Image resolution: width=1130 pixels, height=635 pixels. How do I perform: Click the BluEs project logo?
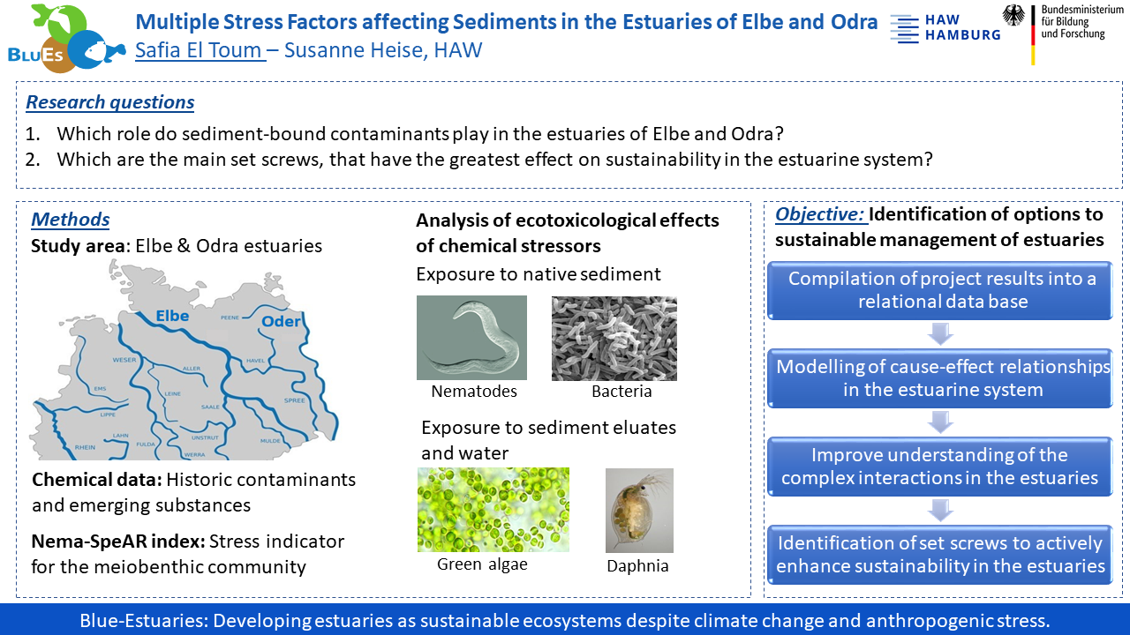(66, 38)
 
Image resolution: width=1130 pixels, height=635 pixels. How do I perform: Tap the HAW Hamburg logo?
(945, 27)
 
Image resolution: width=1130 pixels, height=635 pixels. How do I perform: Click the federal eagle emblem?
(1013, 15)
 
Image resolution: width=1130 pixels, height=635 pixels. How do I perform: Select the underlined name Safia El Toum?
(199, 50)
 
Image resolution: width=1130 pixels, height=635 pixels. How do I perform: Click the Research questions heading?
(110, 101)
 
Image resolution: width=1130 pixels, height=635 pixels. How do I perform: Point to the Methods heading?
(70, 220)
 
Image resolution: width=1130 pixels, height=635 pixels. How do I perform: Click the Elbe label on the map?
(172, 316)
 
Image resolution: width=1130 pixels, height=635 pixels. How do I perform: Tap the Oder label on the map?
(281, 321)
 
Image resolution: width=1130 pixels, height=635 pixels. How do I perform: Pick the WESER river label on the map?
(124, 360)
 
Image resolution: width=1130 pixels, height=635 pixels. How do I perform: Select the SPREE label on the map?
(295, 400)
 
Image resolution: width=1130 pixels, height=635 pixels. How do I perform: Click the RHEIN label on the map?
(85, 447)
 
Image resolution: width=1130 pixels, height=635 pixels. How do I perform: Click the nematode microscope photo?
(471, 338)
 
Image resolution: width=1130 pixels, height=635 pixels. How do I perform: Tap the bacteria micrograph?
(614, 338)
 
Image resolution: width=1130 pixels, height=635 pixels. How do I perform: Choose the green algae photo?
(493, 510)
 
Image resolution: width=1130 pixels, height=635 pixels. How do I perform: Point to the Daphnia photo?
(639, 511)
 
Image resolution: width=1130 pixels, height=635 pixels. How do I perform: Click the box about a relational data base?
(940, 290)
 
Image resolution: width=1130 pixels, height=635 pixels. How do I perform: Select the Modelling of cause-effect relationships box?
(940, 378)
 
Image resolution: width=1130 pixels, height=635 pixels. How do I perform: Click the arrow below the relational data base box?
(940, 334)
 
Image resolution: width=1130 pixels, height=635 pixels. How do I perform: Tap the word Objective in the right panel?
(820, 214)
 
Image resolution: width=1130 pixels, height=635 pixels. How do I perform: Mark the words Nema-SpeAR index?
(118, 542)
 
